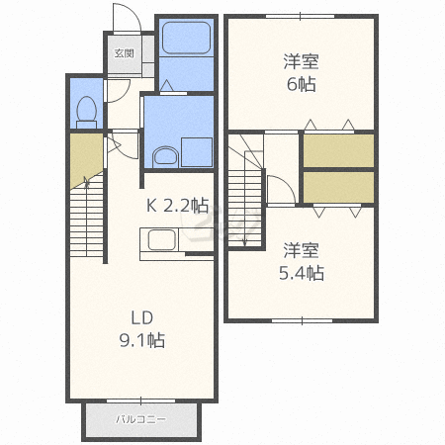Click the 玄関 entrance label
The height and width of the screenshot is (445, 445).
[x=124, y=53]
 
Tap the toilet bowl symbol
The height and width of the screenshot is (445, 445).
[x=86, y=112]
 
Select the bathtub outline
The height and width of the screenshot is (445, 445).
[x=186, y=38]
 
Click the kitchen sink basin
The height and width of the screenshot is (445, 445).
[x=161, y=239]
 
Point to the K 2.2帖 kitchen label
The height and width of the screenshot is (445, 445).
[x=177, y=206]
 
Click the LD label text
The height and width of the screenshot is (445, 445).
[x=142, y=317]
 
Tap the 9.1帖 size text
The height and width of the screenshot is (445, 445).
[x=142, y=340]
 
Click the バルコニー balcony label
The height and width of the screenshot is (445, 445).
[x=141, y=419]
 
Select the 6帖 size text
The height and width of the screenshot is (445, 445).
[x=302, y=84]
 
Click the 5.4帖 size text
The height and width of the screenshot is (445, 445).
[x=302, y=273]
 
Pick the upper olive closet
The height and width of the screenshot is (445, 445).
[x=338, y=150]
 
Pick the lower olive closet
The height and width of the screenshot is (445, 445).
[x=338, y=187]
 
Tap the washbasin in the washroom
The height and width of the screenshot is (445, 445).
[x=165, y=157]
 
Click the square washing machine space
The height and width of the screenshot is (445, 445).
[x=197, y=152]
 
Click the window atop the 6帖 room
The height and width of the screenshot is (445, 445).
[x=301, y=16]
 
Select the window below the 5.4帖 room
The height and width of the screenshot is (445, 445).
[x=302, y=320]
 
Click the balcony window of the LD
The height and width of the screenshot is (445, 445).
[x=140, y=400]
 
